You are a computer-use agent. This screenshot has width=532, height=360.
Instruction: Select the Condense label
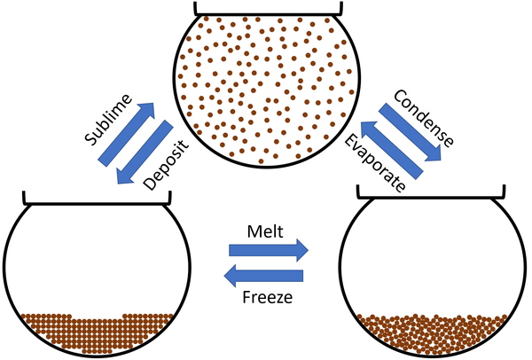pyautogui.click(x=424, y=119)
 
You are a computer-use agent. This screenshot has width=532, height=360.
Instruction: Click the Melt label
pyautogui.click(x=266, y=228)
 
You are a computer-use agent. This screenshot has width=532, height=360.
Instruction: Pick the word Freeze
pyautogui.click(x=266, y=294)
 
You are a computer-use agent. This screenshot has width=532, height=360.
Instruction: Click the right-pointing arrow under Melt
pyautogui.click(x=266, y=248)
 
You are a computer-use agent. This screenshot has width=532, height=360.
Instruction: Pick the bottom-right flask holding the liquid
pyautogui.click(x=434, y=279)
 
